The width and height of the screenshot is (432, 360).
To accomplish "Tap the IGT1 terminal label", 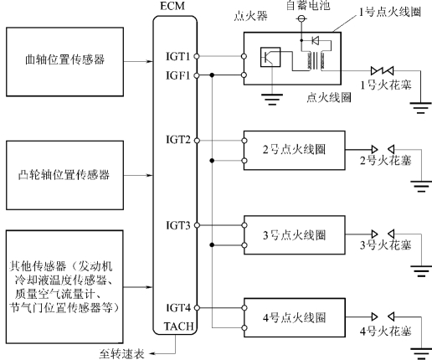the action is click(x=177, y=56).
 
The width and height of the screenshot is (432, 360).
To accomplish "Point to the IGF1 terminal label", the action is click(x=177, y=75).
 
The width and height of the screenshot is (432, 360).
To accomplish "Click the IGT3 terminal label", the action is click(x=178, y=225).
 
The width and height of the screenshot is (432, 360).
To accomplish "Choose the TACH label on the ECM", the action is click(x=178, y=327).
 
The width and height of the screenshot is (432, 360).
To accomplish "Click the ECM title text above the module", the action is click(x=172, y=6).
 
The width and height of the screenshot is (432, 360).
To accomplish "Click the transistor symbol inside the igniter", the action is click(x=270, y=57).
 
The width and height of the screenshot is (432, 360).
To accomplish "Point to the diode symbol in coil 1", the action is click(x=316, y=41).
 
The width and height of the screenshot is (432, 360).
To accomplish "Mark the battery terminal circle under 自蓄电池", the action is click(x=301, y=19).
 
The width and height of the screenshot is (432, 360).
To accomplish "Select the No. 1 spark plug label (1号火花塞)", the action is click(x=386, y=85).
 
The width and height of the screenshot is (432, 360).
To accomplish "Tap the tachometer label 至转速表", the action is click(x=121, y=354).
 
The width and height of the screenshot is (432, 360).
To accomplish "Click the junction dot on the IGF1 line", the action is click(x=212, y=75).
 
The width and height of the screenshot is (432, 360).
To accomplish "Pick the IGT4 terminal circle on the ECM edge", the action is click(x=197, y=308).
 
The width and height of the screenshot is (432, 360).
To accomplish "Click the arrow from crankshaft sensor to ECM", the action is click(x=138, y=61).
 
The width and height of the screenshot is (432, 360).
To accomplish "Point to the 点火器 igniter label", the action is click(x=250, y=16).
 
